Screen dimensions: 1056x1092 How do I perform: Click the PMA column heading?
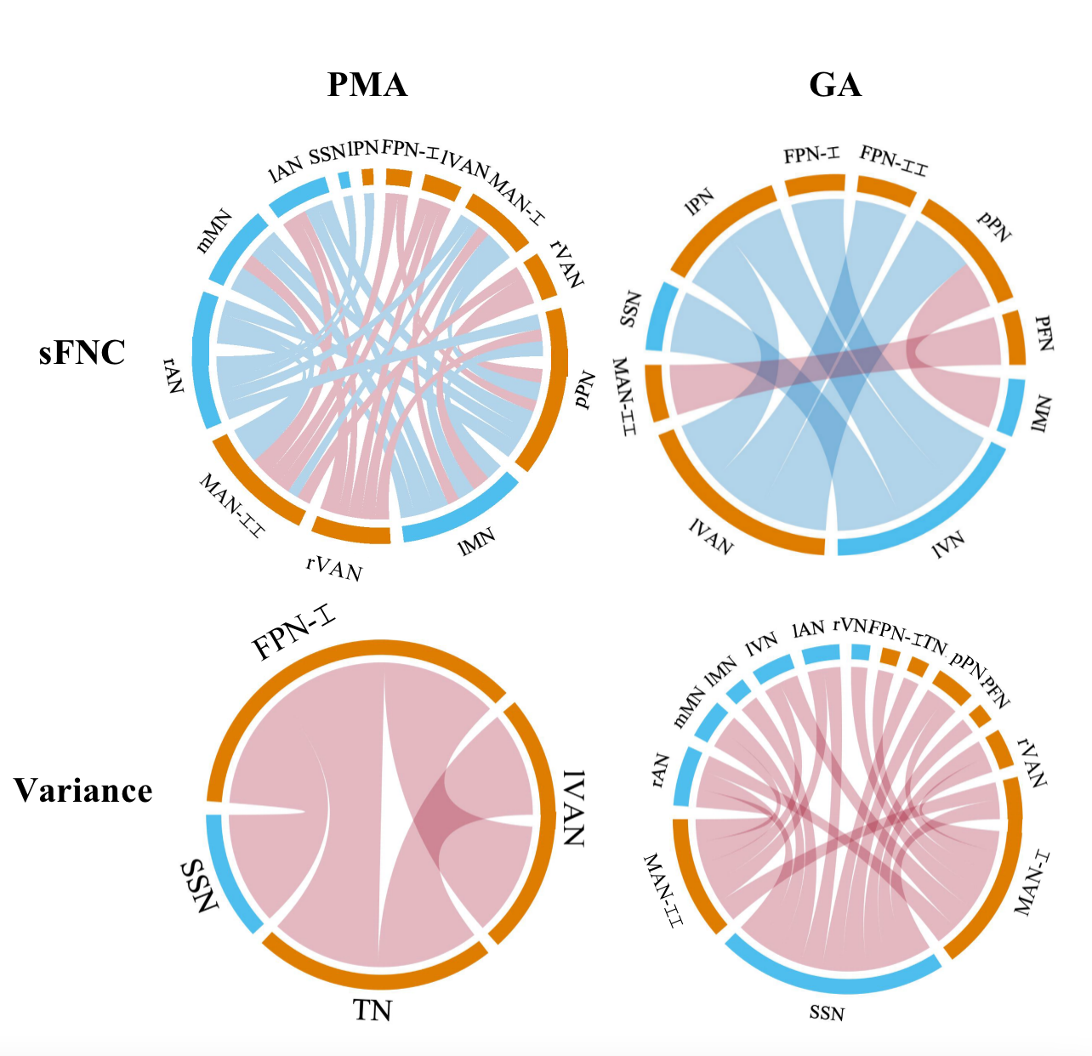pyautogui.click(x=367, y=85)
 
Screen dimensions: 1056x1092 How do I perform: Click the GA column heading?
pyautogui.click(x=835, y=85)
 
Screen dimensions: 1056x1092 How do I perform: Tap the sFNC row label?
pyautogui.click(x=82, y=352)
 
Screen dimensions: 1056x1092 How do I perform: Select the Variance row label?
pyautogui.click(x=83, y=791)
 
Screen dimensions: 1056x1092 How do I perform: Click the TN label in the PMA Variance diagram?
pyautogui.click(x=373, y=1011)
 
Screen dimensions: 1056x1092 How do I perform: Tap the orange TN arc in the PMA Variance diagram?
pyautogui.click(x=374, y=978)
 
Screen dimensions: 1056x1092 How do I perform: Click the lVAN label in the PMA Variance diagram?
pyautogui.click(x=575, y=808)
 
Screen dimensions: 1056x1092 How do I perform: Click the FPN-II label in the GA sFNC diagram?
pyautogui.click(x=893, y=160)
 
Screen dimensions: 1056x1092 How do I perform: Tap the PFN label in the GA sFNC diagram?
pyautogui.click(x=1044, y=333)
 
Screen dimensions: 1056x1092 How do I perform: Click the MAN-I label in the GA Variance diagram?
pyautogui.click(x=1033, y=884)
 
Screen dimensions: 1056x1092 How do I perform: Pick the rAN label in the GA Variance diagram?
pyautogui.click(x=660, y=770)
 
